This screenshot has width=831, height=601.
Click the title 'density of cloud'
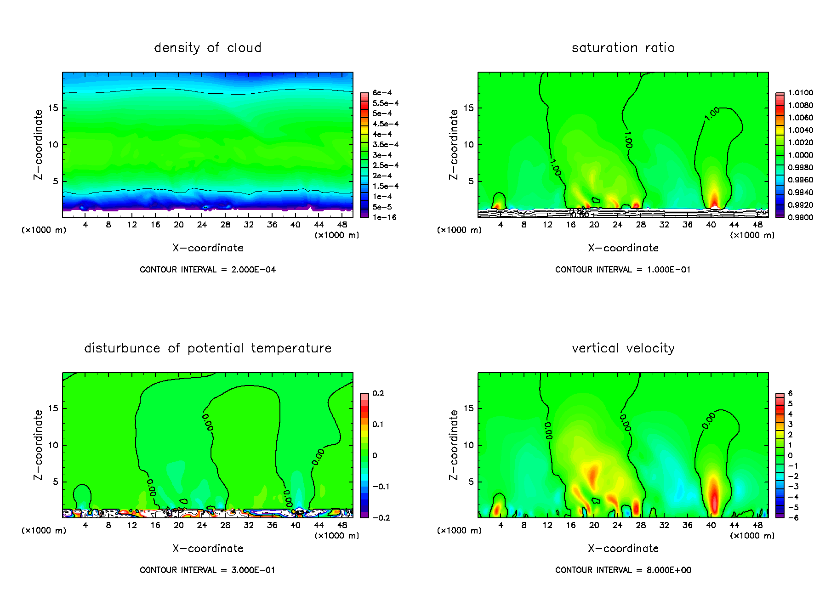(208, 48)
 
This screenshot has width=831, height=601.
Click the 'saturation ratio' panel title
(623, 48)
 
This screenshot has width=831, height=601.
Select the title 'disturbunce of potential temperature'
(208, 348)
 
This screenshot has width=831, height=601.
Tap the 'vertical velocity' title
(623, 348)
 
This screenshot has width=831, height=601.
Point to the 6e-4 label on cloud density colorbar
(382, 93)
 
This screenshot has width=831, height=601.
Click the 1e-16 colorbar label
(384, 217)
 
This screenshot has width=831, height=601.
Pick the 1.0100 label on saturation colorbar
(800, 93)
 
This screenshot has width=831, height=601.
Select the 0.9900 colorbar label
(800, 217)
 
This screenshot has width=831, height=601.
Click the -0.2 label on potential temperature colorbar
(381, 518)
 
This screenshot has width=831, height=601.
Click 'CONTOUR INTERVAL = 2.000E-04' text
(208, 270)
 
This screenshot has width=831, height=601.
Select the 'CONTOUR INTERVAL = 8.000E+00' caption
(623, 570)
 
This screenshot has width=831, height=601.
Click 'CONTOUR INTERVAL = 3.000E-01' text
(208, 570)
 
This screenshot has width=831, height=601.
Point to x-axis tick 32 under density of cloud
(249, 225)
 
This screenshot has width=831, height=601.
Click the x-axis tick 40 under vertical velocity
(711, 525)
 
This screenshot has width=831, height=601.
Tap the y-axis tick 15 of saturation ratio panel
(468, 108)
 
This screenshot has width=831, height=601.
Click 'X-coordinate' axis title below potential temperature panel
(208, 549)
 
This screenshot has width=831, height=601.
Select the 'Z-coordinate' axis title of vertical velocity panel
(454, 445)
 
